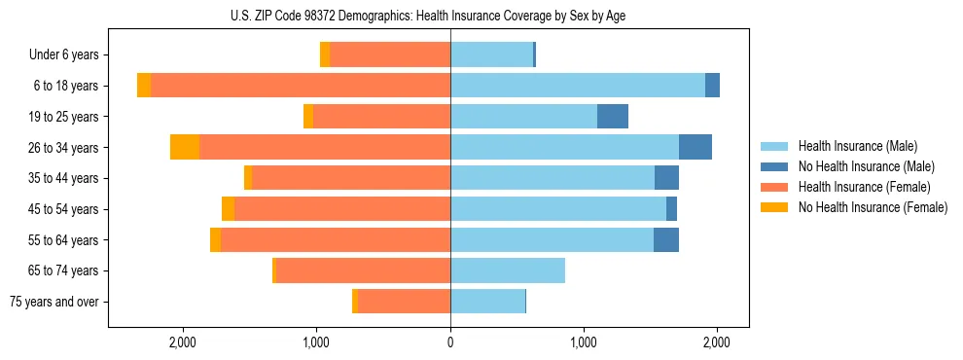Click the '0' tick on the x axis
click(450, 342)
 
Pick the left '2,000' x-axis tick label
click(184, 342)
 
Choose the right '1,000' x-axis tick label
click(584, 342)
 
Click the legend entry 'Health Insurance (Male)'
click(852, 146)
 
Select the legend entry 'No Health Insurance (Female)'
click(873, 207)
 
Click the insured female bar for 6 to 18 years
click(301, 86)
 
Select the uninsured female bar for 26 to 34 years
click(185, 147)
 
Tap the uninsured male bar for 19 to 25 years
click(613, 117)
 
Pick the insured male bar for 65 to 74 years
click(508, 270)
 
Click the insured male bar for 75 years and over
click(487, 302)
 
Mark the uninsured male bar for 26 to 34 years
click(695, 147)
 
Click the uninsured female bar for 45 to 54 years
click(228, 209)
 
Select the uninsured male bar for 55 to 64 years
click(666, 239)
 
